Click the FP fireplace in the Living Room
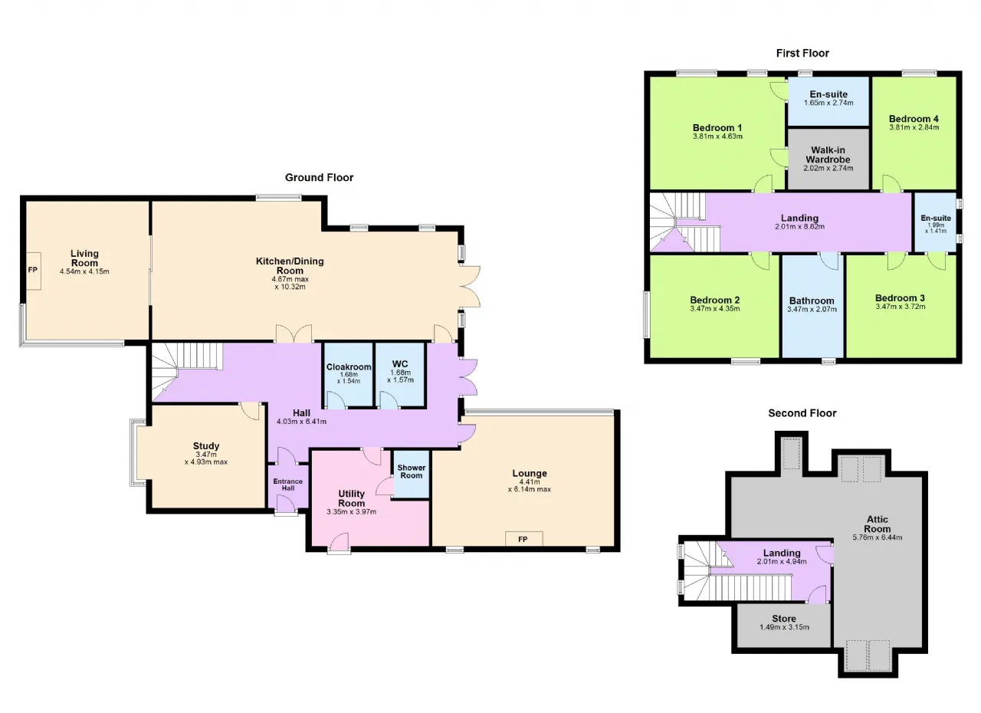[33, 271]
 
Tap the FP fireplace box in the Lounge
[523, 539]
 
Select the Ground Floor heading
[319, 177]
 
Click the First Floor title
[802, 53]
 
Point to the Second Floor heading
[802, 413]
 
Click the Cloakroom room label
[349, 367]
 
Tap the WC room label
[400, 364]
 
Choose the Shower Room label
[412, 472]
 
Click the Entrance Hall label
[287, 485]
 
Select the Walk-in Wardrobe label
[828, 155]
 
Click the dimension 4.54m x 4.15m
[84, 271]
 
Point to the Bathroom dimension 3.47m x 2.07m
[812, 309]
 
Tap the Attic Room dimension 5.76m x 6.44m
[878, 537]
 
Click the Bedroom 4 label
[914, 119]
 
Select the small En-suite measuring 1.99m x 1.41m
[936, 223]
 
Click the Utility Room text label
[351, 498]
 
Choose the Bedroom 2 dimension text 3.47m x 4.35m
[715, 308]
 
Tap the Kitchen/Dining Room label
[290, 266]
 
